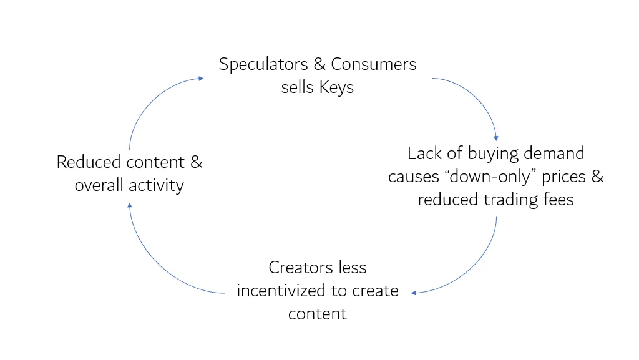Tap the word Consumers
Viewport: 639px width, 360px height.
coord(374,64)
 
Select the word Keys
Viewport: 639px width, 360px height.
coord(337,87)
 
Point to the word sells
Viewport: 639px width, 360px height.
coord(298,87)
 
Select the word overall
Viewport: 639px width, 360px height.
coord(99,186)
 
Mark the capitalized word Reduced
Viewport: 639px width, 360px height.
coord(89,162)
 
